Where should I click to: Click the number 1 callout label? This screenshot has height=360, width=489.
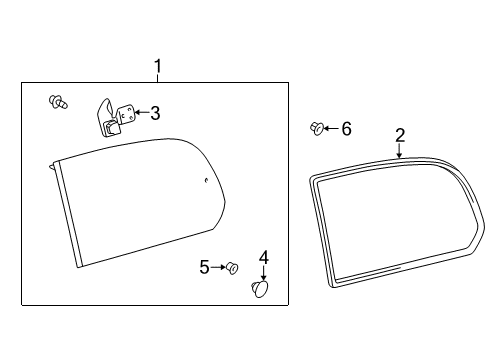coord(157,67)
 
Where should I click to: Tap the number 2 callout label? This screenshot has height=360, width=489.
coord(399,134)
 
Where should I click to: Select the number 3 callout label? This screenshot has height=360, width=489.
coord(155,113)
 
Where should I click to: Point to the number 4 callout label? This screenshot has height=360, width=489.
coord(264,257)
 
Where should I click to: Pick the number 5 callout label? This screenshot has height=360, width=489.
coord(204,266)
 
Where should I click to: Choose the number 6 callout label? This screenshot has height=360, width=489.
coord(346,128)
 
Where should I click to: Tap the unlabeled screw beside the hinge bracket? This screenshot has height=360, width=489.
coord(57,101)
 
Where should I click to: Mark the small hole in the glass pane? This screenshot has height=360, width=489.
coord(205,181)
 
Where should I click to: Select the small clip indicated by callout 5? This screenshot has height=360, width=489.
coord(232,267)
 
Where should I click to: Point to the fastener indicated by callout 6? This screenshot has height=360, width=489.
coord(317,127)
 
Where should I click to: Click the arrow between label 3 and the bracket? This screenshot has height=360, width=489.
coord(139,113)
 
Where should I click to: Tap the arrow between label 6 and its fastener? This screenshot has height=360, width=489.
coord(332,128)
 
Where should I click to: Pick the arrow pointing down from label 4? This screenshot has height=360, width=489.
coord(264,273)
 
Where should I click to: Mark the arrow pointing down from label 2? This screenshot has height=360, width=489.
coord(399,151)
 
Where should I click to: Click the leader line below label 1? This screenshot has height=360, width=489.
coord(157,79)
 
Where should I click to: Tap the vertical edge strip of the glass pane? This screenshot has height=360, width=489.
coord(65,215)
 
